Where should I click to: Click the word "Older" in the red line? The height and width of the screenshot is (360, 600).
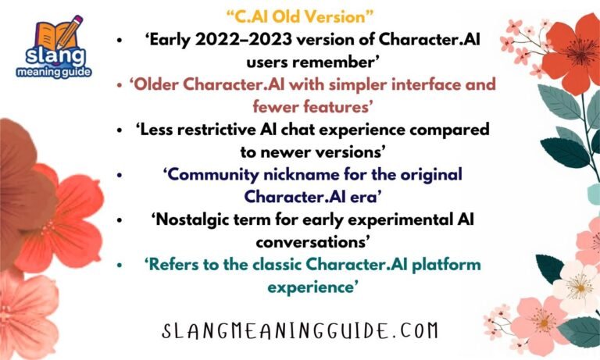pos(160,84)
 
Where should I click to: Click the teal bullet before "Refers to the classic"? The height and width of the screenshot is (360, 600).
pos(120,265)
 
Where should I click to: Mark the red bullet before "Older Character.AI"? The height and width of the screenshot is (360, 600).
pos(119,84)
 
